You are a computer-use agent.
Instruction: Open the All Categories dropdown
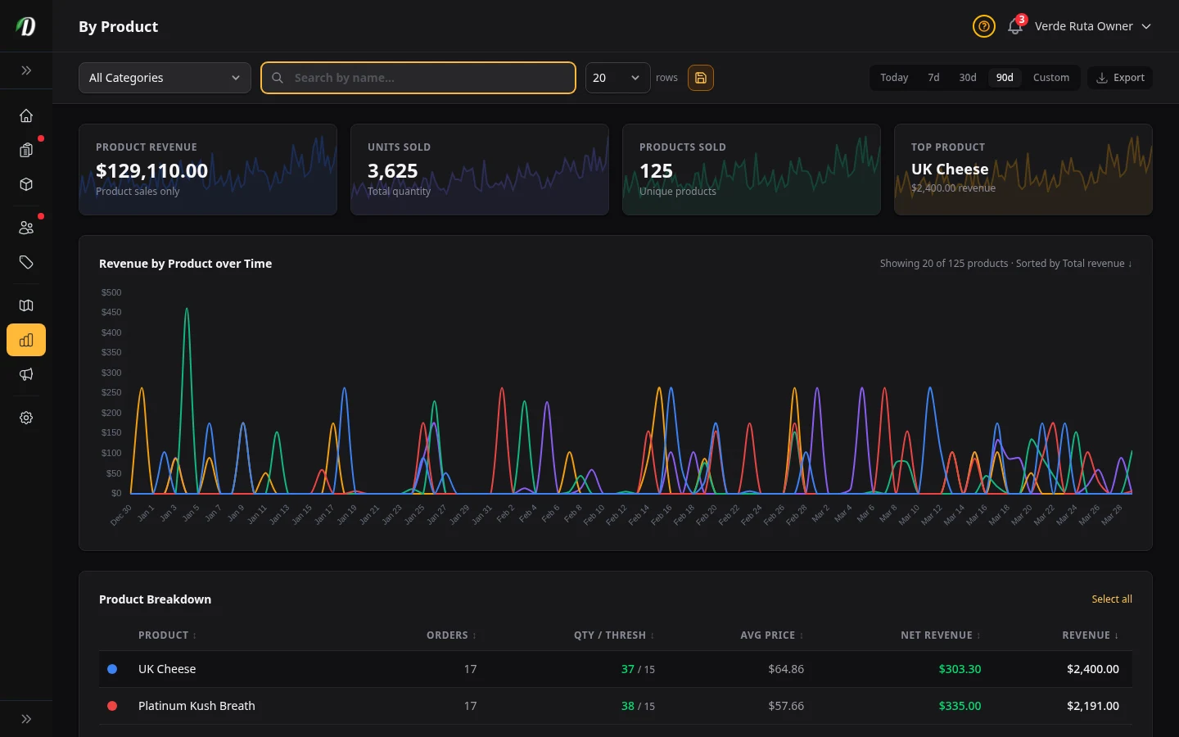tap(165, 78)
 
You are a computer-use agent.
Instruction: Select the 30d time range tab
tap(967, 78)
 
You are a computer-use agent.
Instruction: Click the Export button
tap(1120, 78)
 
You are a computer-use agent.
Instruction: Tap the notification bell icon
tap(1014, 26)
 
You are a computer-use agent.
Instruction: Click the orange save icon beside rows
tap(701, 78)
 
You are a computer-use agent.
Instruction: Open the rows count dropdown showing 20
tap(617, 78)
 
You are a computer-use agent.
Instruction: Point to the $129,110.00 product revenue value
tap(152, 171)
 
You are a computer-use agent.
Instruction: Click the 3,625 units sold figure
tap(392, 171)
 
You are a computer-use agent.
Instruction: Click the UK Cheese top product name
tap(950, 170)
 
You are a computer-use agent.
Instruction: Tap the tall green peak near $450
tap(187, 312)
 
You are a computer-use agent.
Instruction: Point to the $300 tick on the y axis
tap(111, 373)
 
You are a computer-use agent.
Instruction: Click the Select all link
tap(1111, 599)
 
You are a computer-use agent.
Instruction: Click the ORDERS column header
tap(447, 635)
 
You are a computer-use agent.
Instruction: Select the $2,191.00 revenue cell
tap(1092, 706)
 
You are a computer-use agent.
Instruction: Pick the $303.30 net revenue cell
tap(960, 669)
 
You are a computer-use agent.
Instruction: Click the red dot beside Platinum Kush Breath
tap(112, 706)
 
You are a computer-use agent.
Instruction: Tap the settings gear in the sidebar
tap(26, 418)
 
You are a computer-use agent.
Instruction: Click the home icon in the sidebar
tap(26, 115)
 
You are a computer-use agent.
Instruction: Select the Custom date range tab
tap(1050, 78)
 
